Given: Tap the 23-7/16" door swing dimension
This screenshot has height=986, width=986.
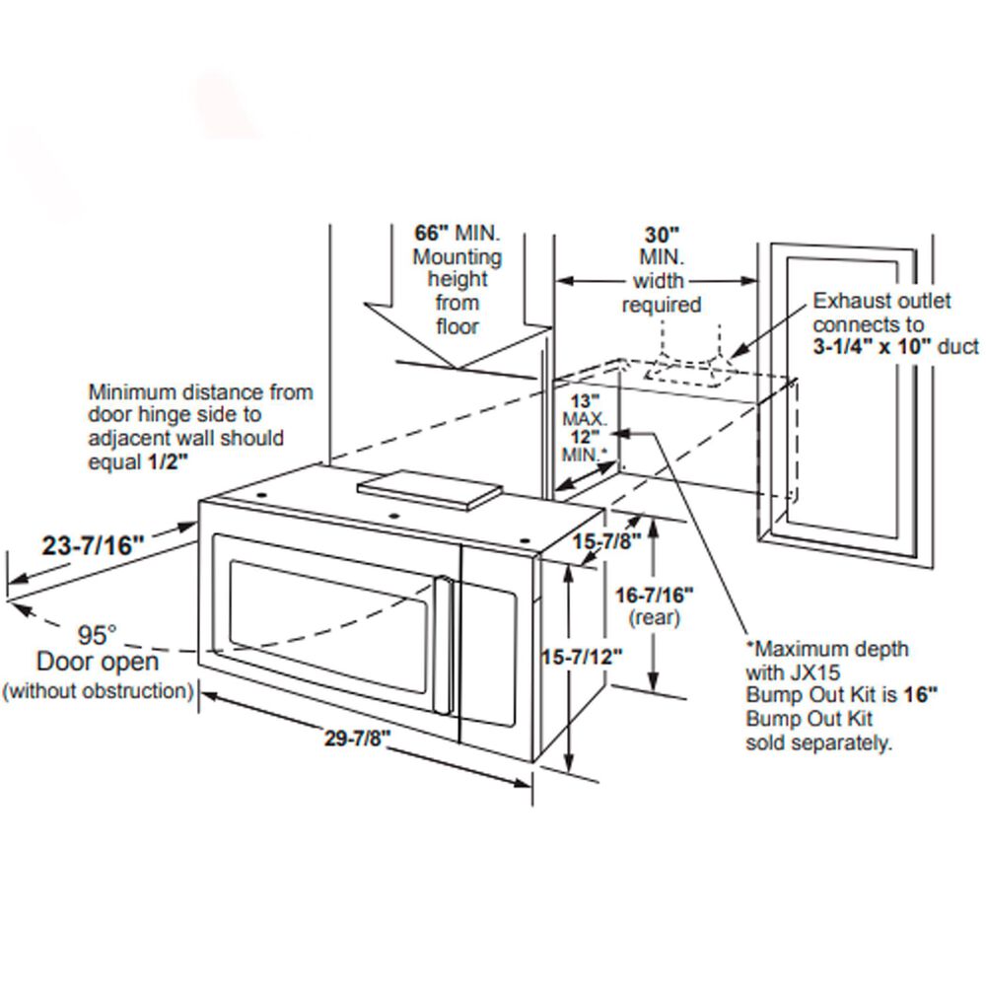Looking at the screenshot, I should tap(94, 544).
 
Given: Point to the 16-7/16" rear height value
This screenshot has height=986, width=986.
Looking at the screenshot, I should tap(655, 596).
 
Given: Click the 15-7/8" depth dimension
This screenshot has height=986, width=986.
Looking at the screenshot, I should tap(607, 541).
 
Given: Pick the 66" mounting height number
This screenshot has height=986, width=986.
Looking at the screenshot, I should tap(432, 234).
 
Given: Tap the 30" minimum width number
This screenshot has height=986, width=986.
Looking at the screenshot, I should tap(663, 235).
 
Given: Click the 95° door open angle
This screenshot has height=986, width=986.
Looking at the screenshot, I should tap(98, 633).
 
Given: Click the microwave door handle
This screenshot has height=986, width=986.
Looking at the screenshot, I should tap(445, 645).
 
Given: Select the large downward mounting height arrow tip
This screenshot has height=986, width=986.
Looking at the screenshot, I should tap(456, 368).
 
